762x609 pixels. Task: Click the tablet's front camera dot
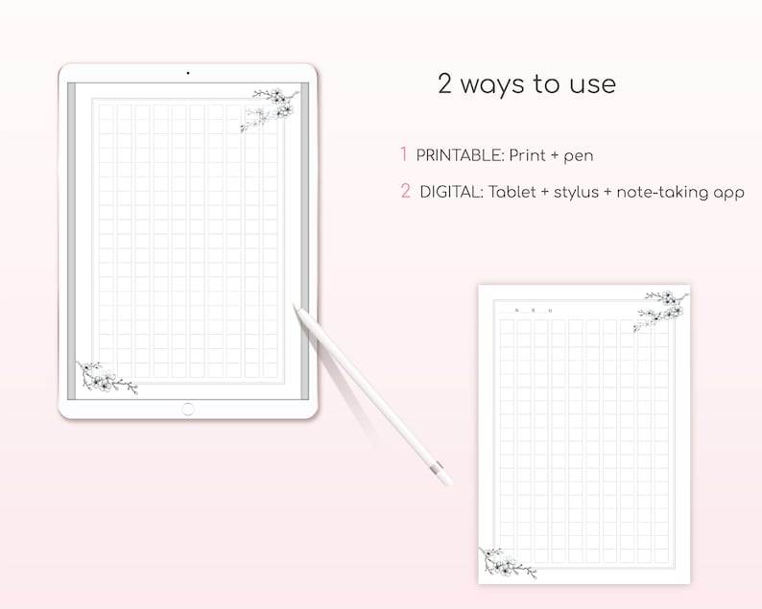[x=188, y=73]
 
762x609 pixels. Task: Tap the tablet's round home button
[x=188, y=410]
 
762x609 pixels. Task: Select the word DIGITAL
[x=450, y=192]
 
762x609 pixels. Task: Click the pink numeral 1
[x=404, y=154]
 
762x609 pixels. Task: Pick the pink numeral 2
[x=405, y=192]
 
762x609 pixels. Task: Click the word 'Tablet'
[x=512, y=192]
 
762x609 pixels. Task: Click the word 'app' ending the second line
[x=727, y=194]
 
